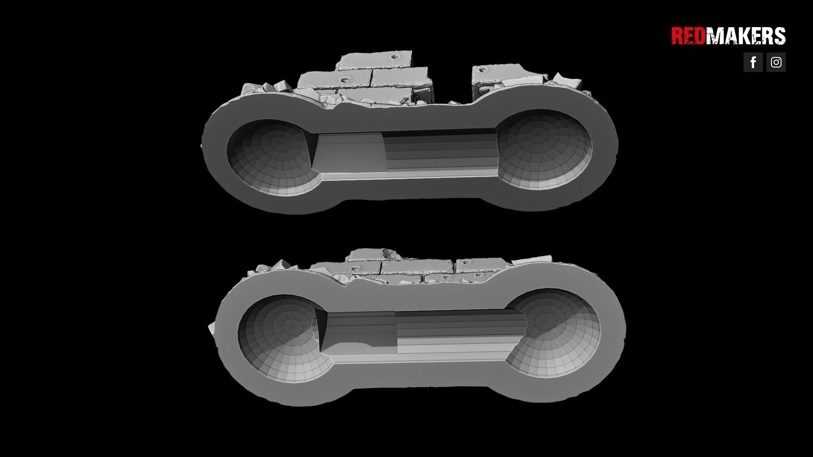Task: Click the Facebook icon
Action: [753, 62]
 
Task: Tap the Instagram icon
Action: [776, 62]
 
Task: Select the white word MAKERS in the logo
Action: [745, 36]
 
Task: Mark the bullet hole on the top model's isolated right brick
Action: [483, 69]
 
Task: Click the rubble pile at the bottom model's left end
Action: [275, 266]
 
